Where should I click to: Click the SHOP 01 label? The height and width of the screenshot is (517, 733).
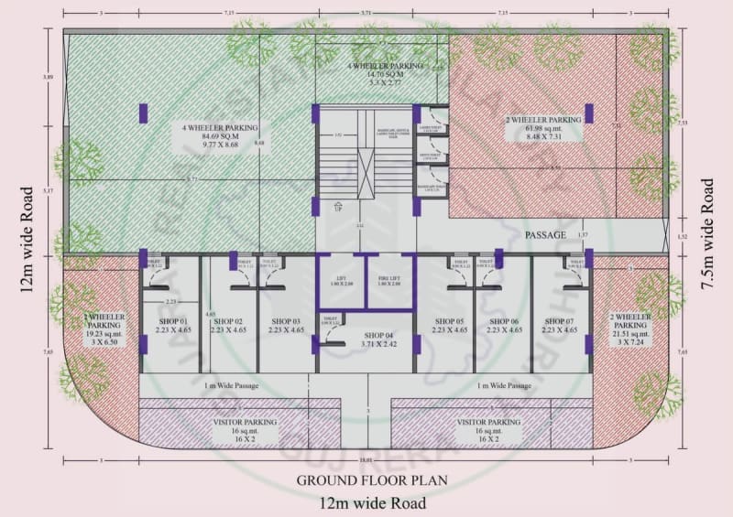(172, 321)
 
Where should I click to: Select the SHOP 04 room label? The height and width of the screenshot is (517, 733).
(365, 335)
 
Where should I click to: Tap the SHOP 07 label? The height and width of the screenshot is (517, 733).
(560, 321)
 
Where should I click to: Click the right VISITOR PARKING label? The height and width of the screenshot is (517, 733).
(488, 422)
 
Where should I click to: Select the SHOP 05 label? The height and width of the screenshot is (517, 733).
(451, 321)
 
